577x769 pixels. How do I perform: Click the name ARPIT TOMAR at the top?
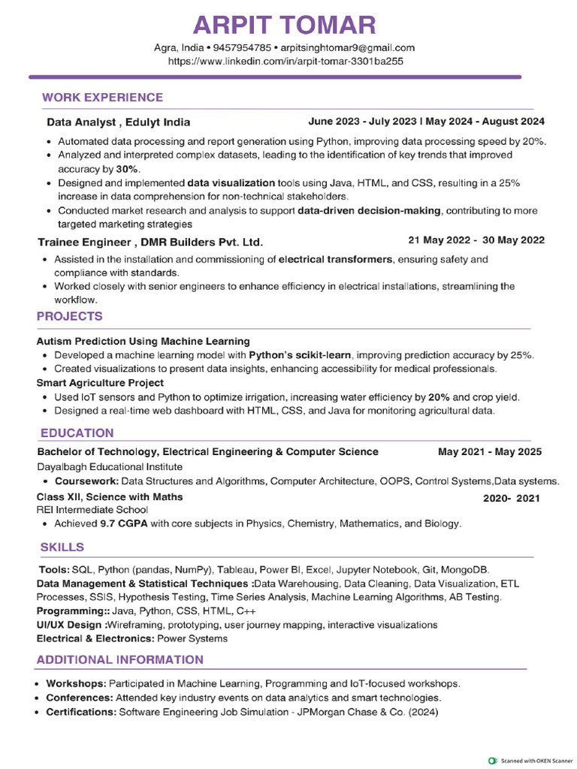click(285, 26)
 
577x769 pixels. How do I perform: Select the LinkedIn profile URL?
click(285, 61)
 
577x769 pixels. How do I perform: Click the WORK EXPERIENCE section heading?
click(102, 98)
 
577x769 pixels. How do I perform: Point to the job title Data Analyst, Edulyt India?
click(118, 122)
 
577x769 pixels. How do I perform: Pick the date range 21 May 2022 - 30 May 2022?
click(476, 240)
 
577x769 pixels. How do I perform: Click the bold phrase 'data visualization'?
click(231, 182)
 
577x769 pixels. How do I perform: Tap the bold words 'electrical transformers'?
click(335, 259)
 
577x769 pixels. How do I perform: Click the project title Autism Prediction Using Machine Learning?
click(143, 341)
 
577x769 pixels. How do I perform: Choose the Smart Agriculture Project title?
click(100, 383)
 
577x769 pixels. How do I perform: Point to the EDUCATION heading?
click(77, 433)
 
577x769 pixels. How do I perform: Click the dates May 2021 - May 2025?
click(489, 452)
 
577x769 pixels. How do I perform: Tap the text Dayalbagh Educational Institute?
click(110, 466)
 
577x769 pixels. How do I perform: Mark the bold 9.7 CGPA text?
click(123, 523)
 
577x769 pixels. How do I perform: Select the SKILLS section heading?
click(62, 547)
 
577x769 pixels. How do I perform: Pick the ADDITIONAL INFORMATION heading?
click(120, 660)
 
